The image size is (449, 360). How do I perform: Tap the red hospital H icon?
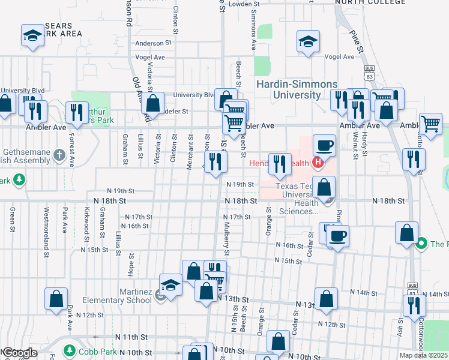click(318, 163)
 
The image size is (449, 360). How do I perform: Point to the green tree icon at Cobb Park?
click(70, 350)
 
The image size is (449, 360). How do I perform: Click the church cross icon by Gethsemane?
click(58, 155)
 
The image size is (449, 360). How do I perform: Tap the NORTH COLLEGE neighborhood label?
click(370, 2)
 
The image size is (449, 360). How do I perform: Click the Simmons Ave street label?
click(254, 30)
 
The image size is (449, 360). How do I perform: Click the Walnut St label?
click(355, 146)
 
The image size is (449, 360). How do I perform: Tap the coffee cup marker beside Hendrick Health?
click(324, 145)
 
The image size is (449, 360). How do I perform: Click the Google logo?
click(19, 353)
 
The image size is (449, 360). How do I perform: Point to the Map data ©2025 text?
click(423, 355)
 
